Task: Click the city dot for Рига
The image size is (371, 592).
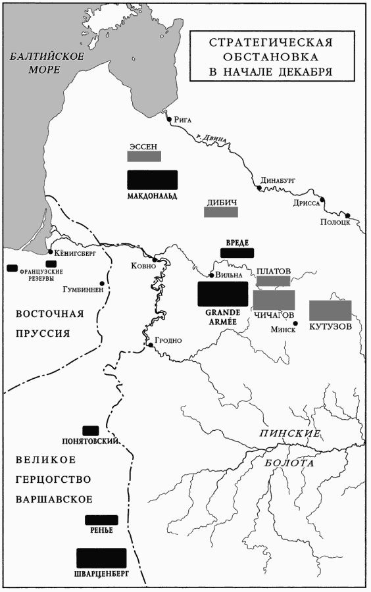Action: [x=169, y=120]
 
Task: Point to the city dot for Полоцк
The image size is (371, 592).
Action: [x=348, y=215]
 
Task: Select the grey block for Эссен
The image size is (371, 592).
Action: [x=144, y=157]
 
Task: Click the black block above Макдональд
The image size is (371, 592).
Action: [x=153, y=180]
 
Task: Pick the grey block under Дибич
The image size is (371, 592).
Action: [x=221, y=212]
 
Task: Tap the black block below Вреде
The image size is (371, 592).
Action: [x=235, y=253]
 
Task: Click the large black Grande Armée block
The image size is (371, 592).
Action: [x=223, y=293]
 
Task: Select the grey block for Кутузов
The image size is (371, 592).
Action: [x=330, y=310]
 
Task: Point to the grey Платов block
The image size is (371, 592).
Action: [x=273, y=281]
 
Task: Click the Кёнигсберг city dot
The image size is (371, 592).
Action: [x=51, y=252]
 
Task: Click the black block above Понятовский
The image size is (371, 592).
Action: [x=91, y=430]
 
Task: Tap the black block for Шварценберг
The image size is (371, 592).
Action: [x=101, y=558]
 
